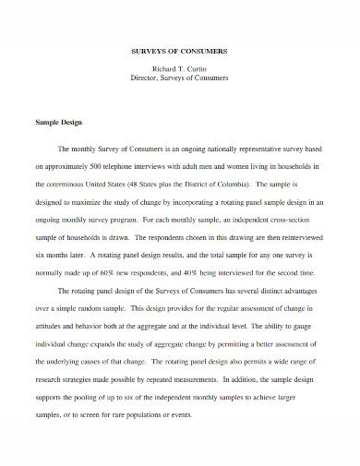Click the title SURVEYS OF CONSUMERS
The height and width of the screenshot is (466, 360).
point(180,52)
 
